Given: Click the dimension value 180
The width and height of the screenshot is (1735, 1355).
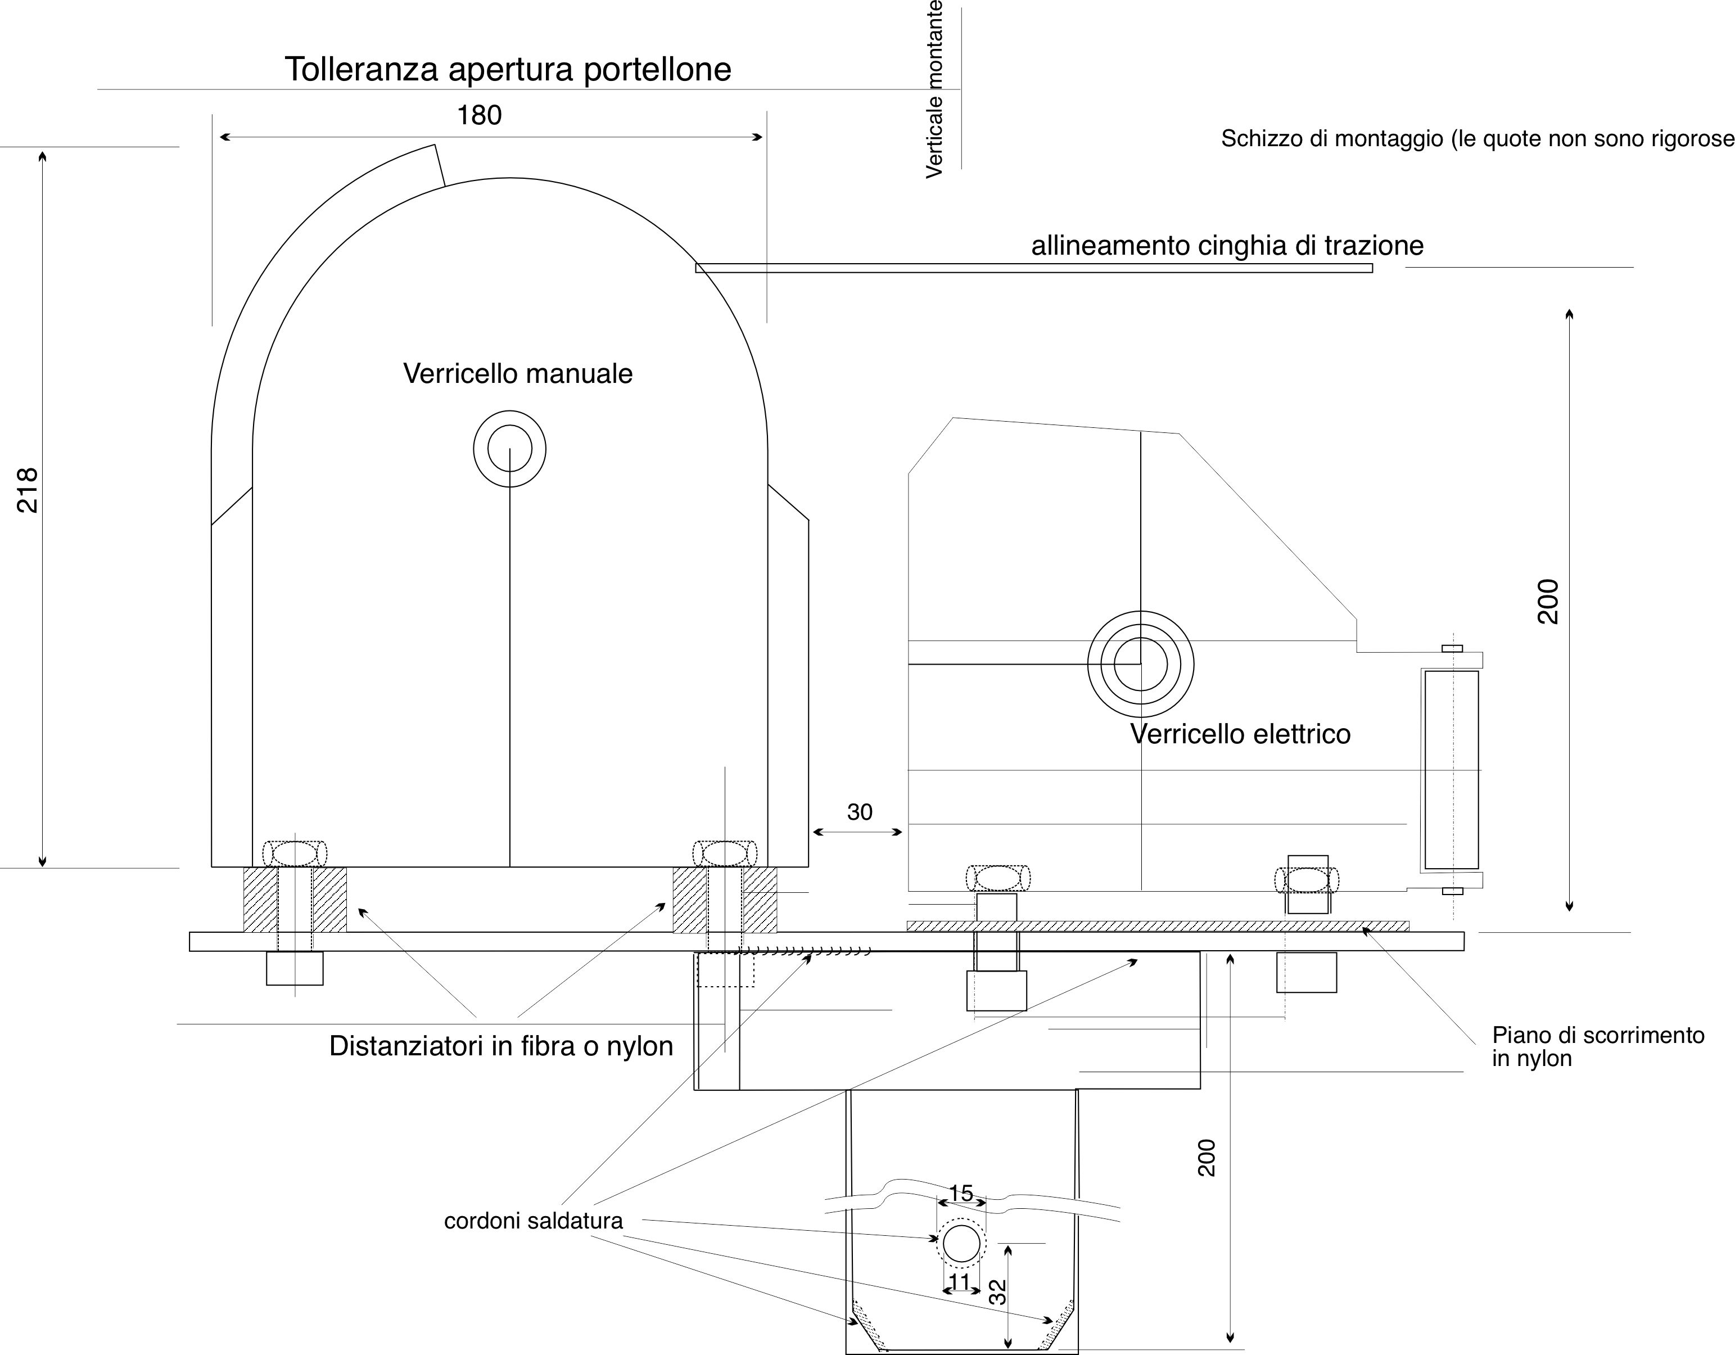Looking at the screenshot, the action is click(479, 115).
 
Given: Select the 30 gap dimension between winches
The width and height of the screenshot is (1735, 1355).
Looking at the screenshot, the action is click(860, 812).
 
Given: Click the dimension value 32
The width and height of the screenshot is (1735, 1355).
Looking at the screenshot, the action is click(998, 1291).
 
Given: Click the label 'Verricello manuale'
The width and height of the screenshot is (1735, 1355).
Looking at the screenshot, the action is click(518, 373).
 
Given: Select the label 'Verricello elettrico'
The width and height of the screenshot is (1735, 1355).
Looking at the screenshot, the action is click(1240, 733).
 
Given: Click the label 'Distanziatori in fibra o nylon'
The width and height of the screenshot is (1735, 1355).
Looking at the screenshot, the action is click(501, 1045).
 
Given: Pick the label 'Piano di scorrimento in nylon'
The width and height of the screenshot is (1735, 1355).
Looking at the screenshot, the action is click(1598, 1047).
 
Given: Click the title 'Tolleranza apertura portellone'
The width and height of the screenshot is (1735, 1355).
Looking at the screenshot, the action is click(508, 69).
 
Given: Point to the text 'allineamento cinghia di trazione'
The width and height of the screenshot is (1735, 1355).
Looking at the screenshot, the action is click(1227, 246).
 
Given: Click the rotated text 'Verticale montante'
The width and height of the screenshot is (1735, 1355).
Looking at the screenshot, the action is click(934, 89).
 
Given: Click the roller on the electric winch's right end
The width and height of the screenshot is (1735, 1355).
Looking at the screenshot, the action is click(1452, 770).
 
